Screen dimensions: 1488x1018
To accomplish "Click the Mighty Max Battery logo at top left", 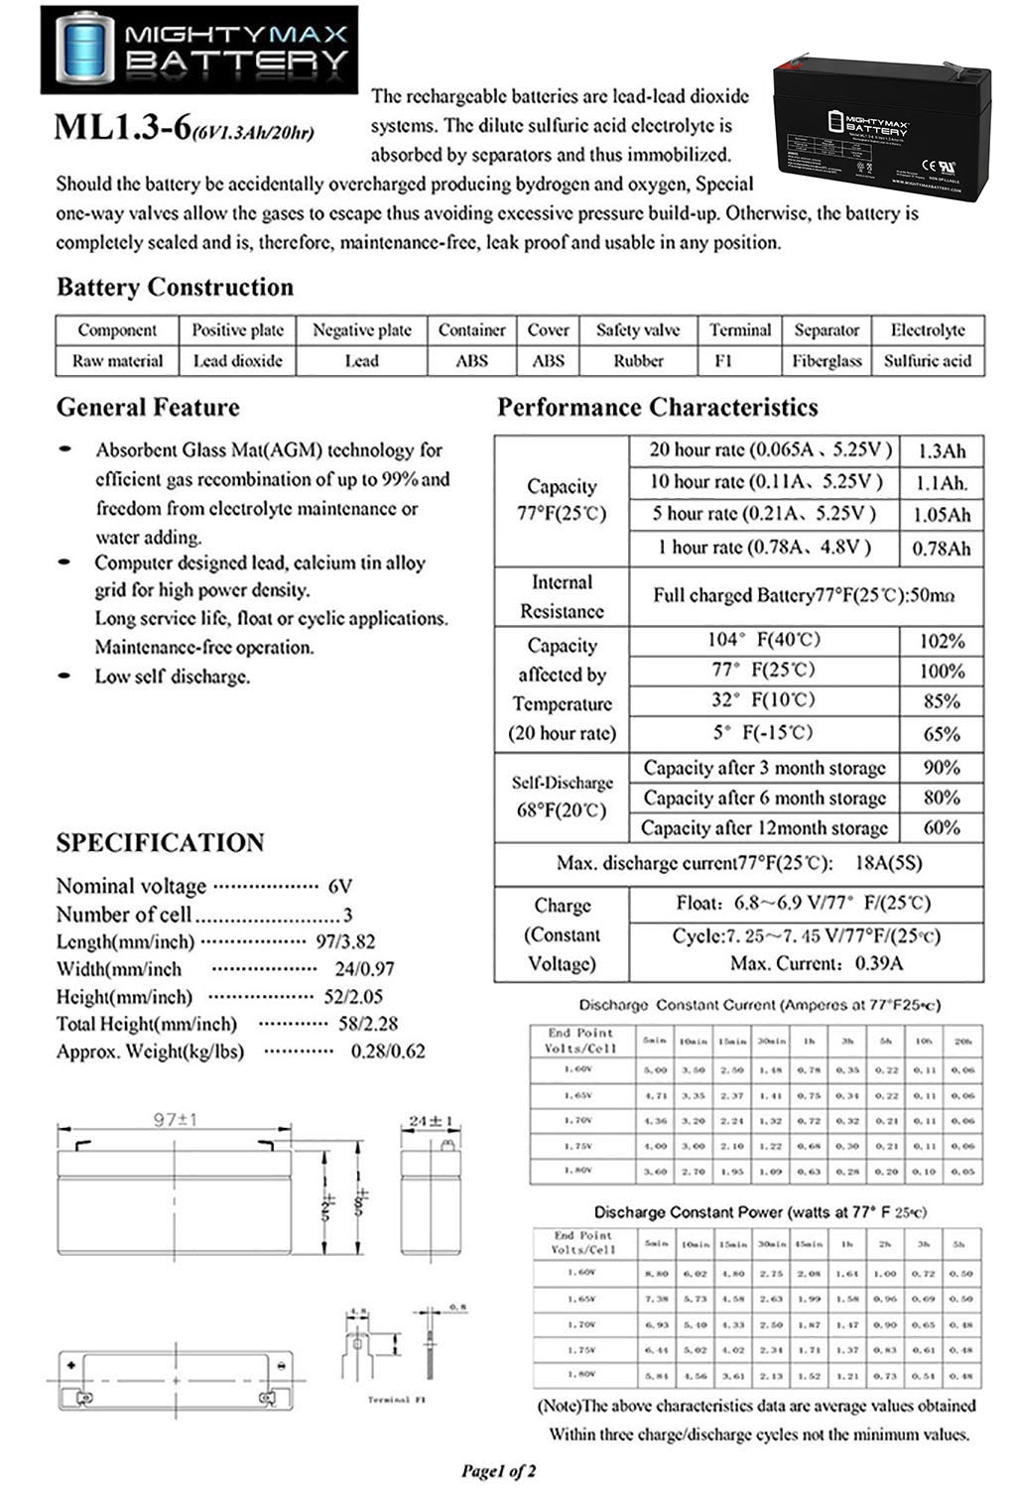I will pyautogui.click(x=199, y=50).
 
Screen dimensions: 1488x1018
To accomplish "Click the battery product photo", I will pyautogui.click(x=881, y=128).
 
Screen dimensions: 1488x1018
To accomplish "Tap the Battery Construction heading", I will pyautogui.click(x=175, y=288).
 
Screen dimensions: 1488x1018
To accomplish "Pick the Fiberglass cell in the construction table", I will pyautogui.click(x=827, y=361).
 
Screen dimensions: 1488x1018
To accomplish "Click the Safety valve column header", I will pyautogui.click(x=637, y=330).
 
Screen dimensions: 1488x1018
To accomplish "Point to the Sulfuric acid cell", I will pyautogui.click(x=927, y=361).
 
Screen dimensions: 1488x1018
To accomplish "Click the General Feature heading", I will pyautogui.click(x=148, y=408).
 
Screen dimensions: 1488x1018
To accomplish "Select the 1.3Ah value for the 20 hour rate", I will pyautogui.click(x=941, y=451).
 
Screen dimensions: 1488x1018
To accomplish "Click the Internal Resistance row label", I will pyautogui.click(x=562, y=596).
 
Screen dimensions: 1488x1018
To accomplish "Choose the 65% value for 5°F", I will pyautogui.click(x=941, y=734).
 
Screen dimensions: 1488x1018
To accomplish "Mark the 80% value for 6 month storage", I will pyautogui.click(x=941, y=798).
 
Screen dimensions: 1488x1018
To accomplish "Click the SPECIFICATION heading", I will pyautogui.click(x=160, y=843).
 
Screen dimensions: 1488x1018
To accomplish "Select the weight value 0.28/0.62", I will pyautogui.click(x=388, y=1052).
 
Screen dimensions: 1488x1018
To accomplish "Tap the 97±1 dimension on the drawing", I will pyautogui.click(x=175, y=1119).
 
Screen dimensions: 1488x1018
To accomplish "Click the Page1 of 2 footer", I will pyautogui.click(x=499, y=1470).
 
